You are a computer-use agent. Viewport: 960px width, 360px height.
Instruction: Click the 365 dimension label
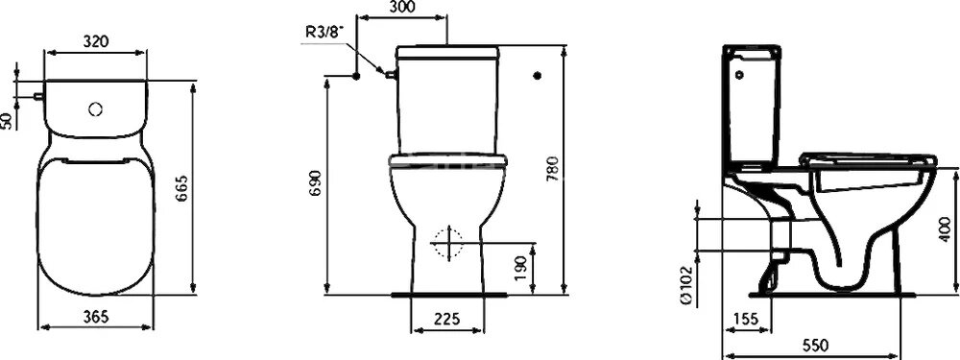[x=95, y=316]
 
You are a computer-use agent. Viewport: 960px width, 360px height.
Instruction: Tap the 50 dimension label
[x=8, y=120]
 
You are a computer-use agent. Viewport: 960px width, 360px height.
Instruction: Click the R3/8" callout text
[x=324, y=32]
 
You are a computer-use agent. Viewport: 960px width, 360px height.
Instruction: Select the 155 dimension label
[x=744, y=318]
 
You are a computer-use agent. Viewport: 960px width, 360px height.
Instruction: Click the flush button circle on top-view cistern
[x=94, y=109]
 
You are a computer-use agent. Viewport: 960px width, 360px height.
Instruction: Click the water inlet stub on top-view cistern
[x=36, y=96]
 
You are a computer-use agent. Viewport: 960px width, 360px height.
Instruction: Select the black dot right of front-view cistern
[x=537, y=75]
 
